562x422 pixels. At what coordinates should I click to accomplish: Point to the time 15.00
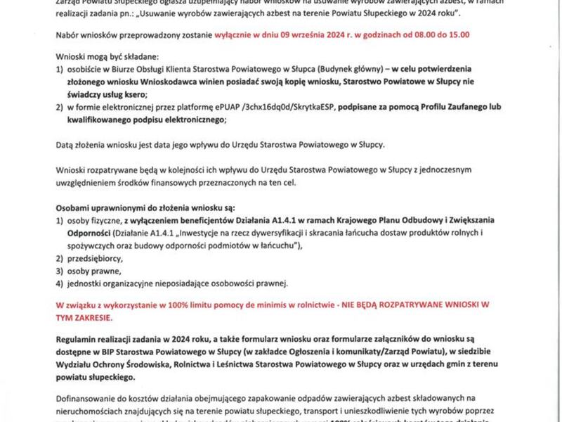[457, 34]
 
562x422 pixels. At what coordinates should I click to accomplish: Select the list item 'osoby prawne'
[91, 270]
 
